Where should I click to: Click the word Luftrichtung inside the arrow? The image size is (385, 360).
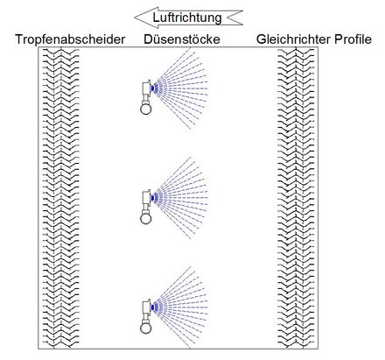click(x=187, y=18)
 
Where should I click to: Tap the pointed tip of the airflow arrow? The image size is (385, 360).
click(x=135, y=18)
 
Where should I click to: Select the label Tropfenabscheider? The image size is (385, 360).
click(x=70, y=39)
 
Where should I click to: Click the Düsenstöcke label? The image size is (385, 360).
click(x=182, y=39)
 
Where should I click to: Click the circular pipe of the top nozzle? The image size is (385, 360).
click(x=146, y=109)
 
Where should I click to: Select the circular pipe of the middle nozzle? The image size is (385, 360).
click(x=146, y=218)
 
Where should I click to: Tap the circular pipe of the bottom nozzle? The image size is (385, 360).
click(x=146, y=328)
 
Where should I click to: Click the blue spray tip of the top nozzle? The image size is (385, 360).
click(x=152, y=88)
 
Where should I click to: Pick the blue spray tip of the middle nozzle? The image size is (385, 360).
click(x=152, y=198)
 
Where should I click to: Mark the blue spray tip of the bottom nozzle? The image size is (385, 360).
click(x=152, y=307)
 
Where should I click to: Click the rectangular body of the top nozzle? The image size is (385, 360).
click(x=146, y=88)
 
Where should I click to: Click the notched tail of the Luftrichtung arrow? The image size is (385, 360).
click(x=234, y=18)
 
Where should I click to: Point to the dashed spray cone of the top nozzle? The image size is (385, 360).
click(x=181, y=88)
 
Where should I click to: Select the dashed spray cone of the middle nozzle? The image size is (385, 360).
click(x=181, y=198)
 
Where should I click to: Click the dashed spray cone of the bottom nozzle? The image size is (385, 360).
click(x=181, y=307)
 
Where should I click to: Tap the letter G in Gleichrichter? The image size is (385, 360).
click(x=261, y=39)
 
